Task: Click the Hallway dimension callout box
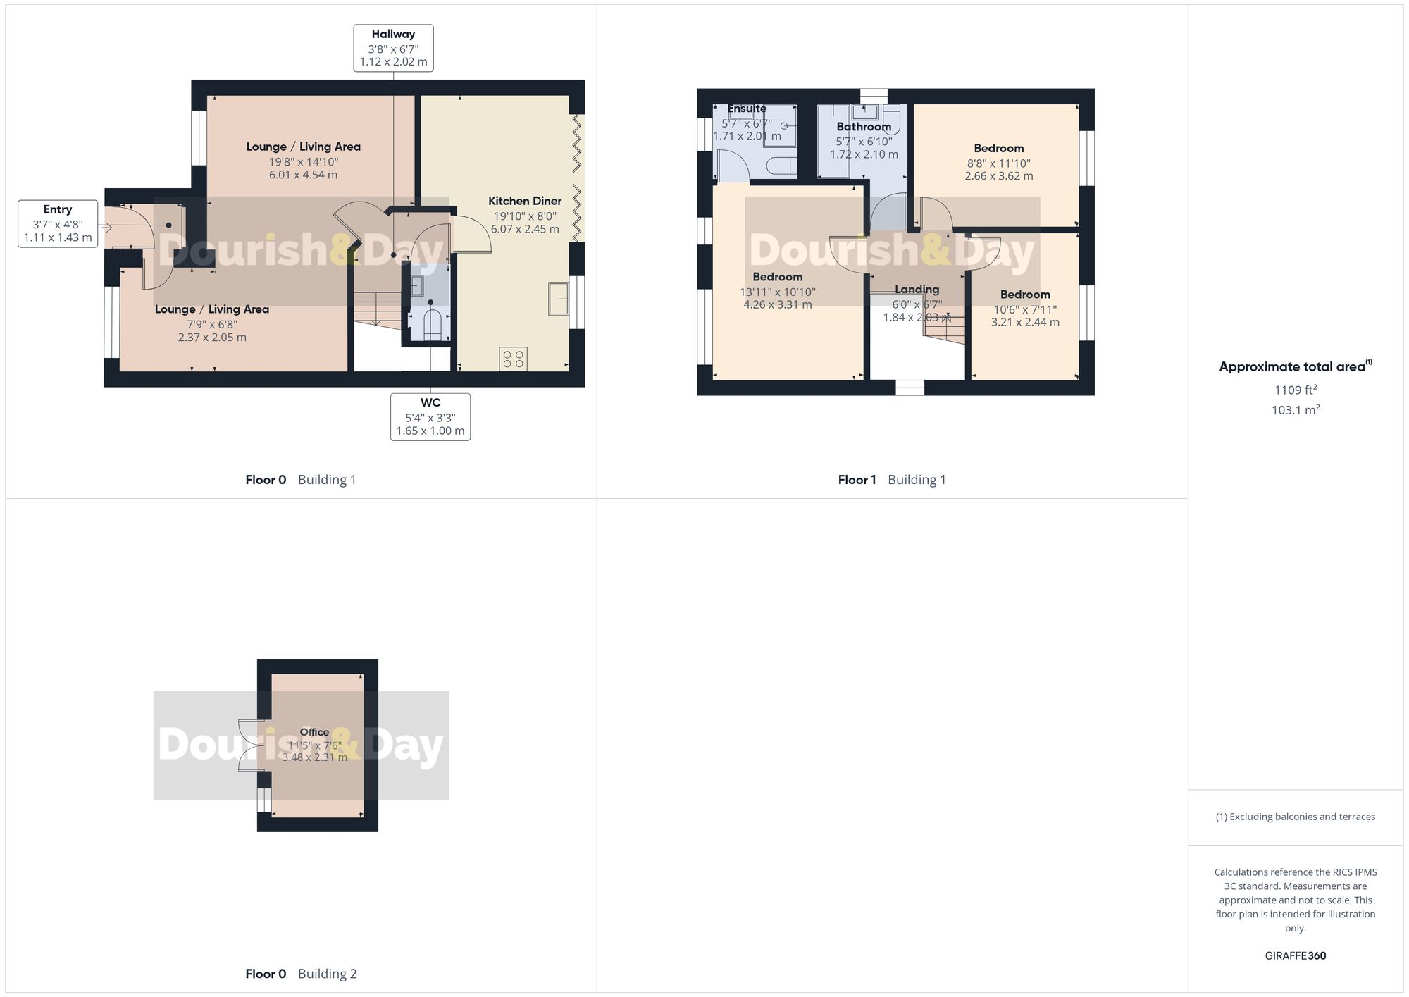coord(393,48)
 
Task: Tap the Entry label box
coord(58,224)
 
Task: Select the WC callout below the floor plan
coord(430,417)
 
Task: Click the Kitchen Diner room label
coord(525,202)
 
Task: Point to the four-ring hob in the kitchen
coord(513,359)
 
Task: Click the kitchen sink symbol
coord(558,298)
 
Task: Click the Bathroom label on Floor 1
coord(864,127)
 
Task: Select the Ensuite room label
coord(747,109)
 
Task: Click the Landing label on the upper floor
coord(917,290)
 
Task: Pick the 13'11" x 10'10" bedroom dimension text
coord(777,292)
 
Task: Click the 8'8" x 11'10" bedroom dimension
coord(998,163)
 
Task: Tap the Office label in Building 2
coord(314,732)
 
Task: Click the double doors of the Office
coord(250,745)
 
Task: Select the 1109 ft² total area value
coord(1295,390)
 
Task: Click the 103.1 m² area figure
coord(1295,410)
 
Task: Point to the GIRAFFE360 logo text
coord(1295,955)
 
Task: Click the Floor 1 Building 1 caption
coord(891,480)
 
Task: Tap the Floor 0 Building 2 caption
coord(301,974)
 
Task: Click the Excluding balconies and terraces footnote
coord(1295,817)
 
